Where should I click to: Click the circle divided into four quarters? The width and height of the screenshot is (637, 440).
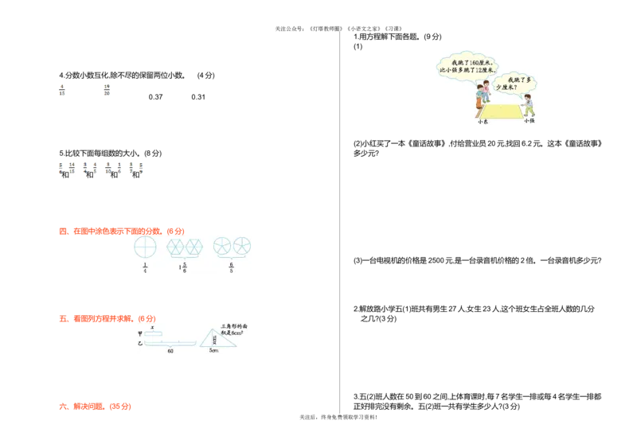click(146, 246)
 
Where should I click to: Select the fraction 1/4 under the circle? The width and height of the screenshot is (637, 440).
click(145, 267)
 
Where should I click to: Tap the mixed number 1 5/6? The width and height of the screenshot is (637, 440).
click(184, 267)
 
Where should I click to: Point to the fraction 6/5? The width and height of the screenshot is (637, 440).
click(232, 267)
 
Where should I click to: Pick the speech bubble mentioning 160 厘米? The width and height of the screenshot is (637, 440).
click(467, 65)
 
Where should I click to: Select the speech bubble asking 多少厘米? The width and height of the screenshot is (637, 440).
click(516, 83)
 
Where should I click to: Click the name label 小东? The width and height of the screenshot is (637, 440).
click(483, 122)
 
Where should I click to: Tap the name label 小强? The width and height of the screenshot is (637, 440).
click(529, 121)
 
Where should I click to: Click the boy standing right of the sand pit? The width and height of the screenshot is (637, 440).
click(529, 105)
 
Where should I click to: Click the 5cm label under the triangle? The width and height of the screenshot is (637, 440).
click(213, 350)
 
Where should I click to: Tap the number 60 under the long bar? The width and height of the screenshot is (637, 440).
click(170, 350)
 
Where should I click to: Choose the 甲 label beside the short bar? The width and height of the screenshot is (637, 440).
click(140, 333)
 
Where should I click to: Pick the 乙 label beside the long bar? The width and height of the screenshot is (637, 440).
click(140, 344)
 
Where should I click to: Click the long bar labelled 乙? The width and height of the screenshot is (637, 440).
click(170, 343)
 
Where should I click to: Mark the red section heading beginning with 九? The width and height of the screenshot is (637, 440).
click(95, 407)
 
